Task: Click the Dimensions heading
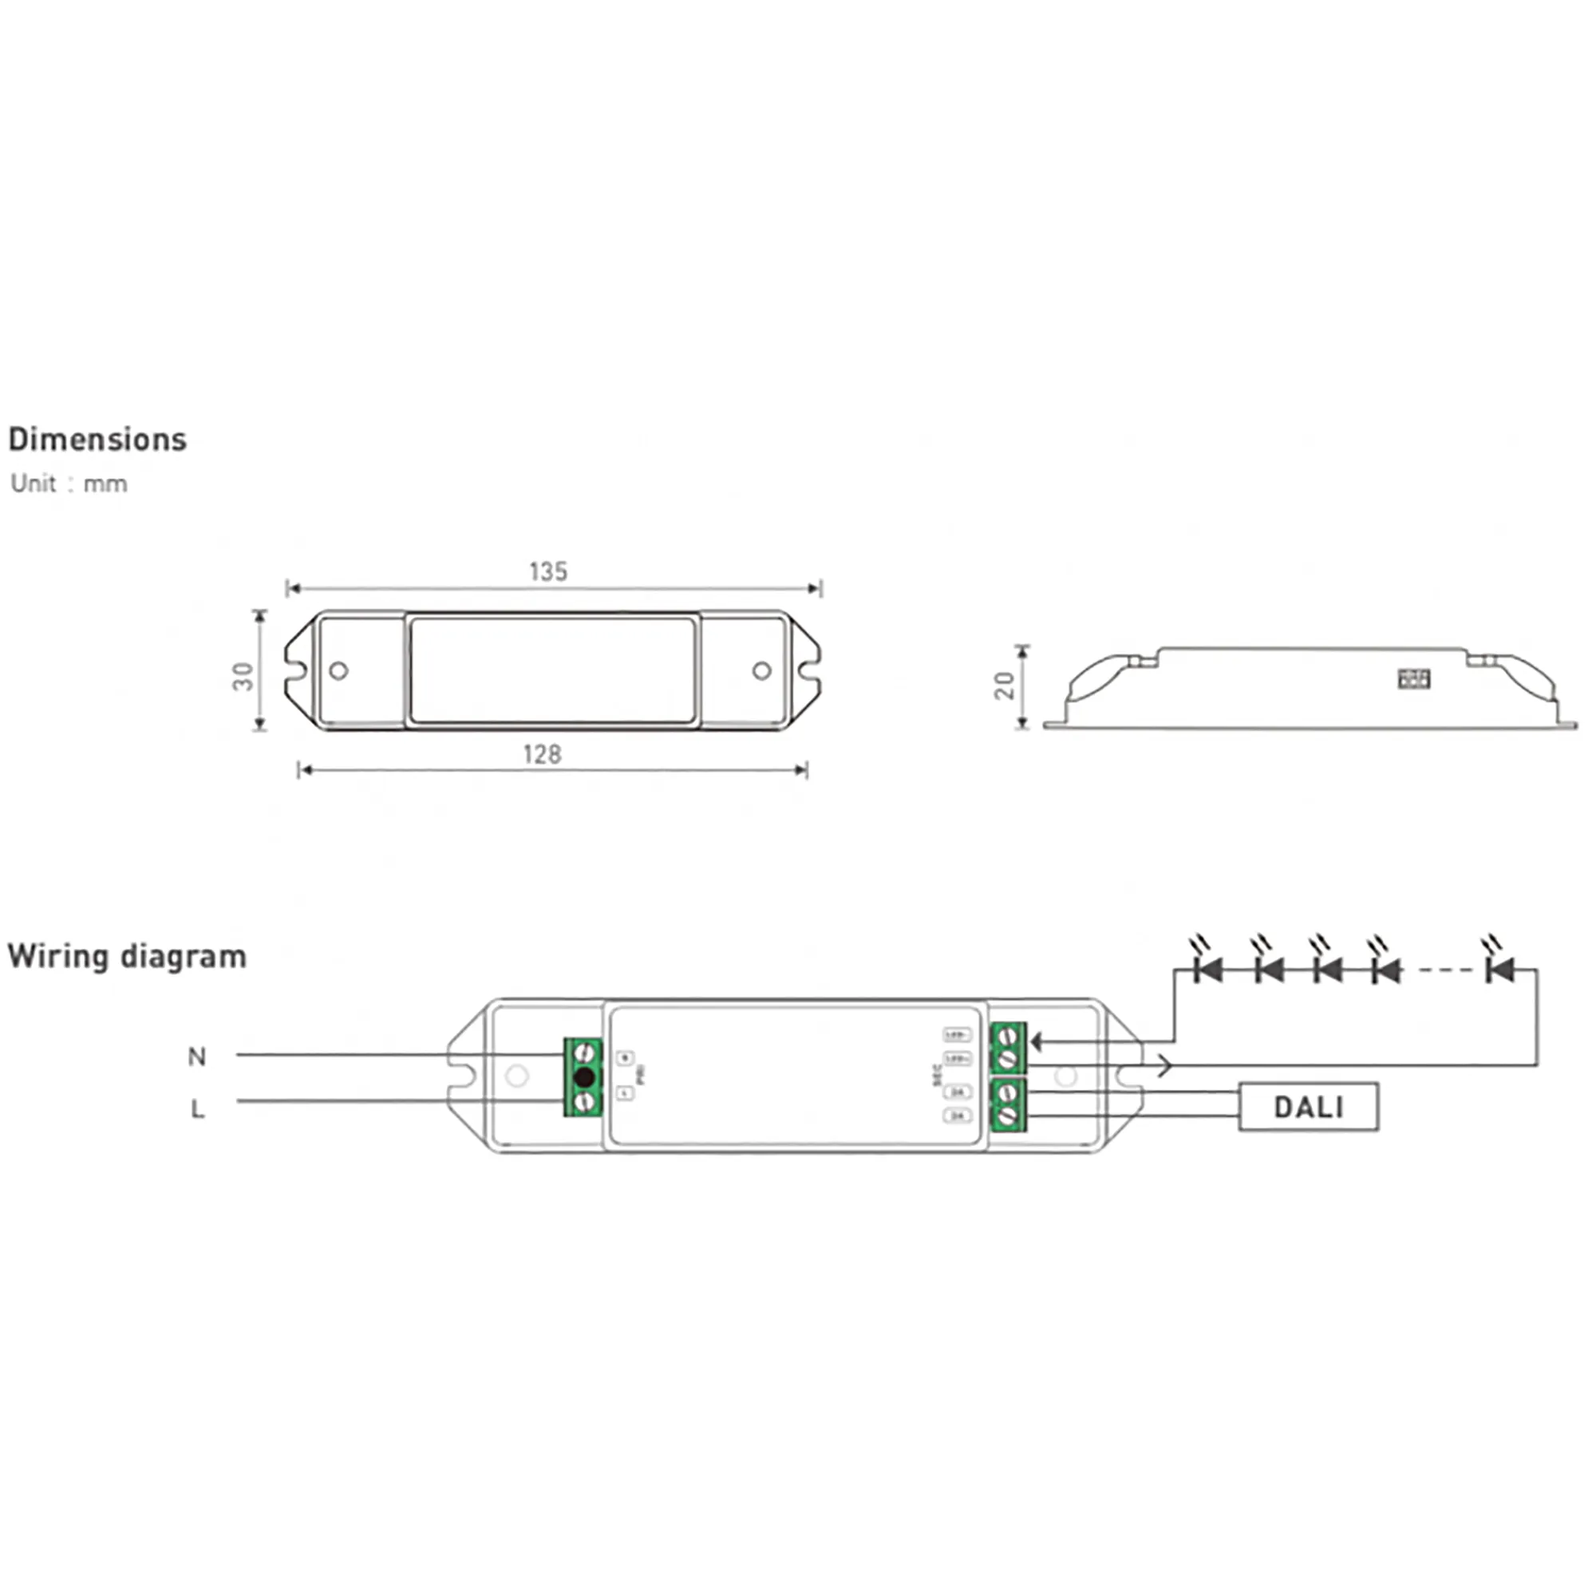[x=97, y=440]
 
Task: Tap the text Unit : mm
[x=69, y=484]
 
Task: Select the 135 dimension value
[x=547, y=571]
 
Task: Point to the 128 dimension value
[x=542, y=754]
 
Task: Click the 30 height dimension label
[x=243, y=677]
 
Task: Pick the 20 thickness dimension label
[x=1005, y=685]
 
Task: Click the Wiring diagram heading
[x=127, y=957]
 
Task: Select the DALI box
[x=1308, y=1107]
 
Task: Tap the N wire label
[x=196, y=1057]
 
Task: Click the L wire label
[x=197, y=1108]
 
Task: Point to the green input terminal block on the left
[x=583, y=1077]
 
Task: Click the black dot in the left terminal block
[x=584, y=1077]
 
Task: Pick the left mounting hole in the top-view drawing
[x=338, y=671]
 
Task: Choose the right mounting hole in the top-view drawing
[x=761, y=671]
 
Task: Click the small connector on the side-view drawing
[x=1413, y=679]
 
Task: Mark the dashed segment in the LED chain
[x=1446, y=970]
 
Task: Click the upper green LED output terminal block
[x=1008, y=1047]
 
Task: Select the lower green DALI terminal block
[x=1008, y=1104]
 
